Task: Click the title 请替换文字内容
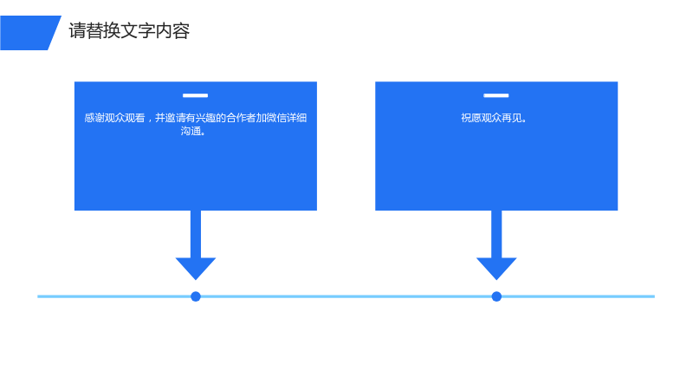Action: pyautogui.click(x=129, y=31)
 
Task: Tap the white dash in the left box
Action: pyautogui.click(x=196, y=95)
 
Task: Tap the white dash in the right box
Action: pyautogui.click(x=495, y=95)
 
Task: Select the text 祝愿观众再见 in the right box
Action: pyautogui.click(x=490, y=118)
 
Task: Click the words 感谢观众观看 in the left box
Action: pyautogui.click(x=114, y=118)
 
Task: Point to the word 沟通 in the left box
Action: pyautogui.click(x=190, y=131)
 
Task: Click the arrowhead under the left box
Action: pyautogui.click(x=196, y=268)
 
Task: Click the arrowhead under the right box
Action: pyautogui.click(x=496, y=268)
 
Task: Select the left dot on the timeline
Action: pyautogui.click(x=196, y=296)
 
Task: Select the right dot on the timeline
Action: pyautogui.click(x=496, y=296)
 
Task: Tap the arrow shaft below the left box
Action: pyautogui.click(x=196, y=234)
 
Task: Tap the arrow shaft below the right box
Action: pyautogui.click(x=496, y=234)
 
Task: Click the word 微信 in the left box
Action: pyautogui.click(x=276, y=118)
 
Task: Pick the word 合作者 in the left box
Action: pyautogui.click(x=241, y=118)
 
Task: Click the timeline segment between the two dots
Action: pyautogui.click(x=346, y=296)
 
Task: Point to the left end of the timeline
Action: pyautogui.click(x=38, y=296)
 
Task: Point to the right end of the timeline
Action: pyautogui.click(x=654, y=296)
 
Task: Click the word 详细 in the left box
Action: pyautogui.click(x=296, y=118)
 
